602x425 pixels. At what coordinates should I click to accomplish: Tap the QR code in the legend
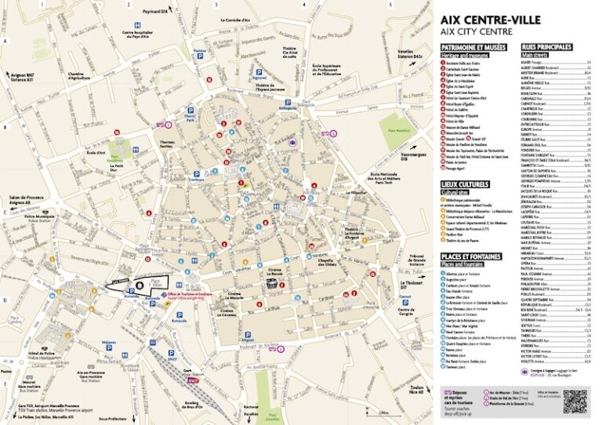tap(574, 400)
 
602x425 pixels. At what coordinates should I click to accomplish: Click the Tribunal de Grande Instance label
tap(417, 259)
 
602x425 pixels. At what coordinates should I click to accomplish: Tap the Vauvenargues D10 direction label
tap(412, 157)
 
